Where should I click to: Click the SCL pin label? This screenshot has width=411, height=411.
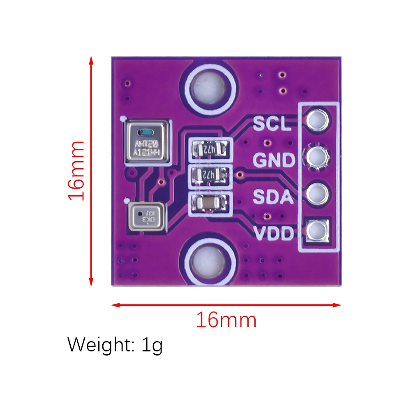coord(272,123)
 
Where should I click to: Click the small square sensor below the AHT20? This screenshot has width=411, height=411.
coord(145,216)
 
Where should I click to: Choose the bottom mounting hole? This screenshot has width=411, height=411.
coord(208,262)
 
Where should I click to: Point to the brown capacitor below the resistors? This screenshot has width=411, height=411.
coord(210,203)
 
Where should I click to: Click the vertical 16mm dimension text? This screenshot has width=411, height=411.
coord(76,170)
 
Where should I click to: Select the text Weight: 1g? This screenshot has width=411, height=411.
coord(115,345)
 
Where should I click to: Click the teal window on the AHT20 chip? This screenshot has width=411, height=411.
coord(146,132)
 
